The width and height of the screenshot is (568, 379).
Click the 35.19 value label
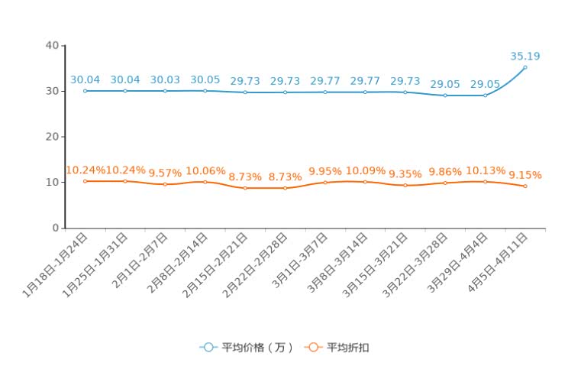coord(525,56)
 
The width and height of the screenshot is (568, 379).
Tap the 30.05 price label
coord(205,79)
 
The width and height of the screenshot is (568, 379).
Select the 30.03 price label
coord(165,79)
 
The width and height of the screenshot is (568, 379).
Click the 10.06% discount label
coord(205,170)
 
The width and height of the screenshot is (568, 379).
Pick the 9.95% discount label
coord(325,170)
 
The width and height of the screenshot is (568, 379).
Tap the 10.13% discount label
coord(485,170)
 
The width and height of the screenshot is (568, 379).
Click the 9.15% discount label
coord(525,175)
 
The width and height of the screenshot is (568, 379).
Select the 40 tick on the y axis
coord(52,45)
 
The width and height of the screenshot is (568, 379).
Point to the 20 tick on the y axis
coord(52,137)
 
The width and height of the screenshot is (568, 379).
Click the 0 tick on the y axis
coord(56,228)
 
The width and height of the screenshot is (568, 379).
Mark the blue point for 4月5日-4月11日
coord(525,67)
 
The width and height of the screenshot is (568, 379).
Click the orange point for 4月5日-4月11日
coord(525,186)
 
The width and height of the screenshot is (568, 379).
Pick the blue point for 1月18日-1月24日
coord(85,91)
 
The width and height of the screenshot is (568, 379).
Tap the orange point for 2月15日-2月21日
coord(245,188)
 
